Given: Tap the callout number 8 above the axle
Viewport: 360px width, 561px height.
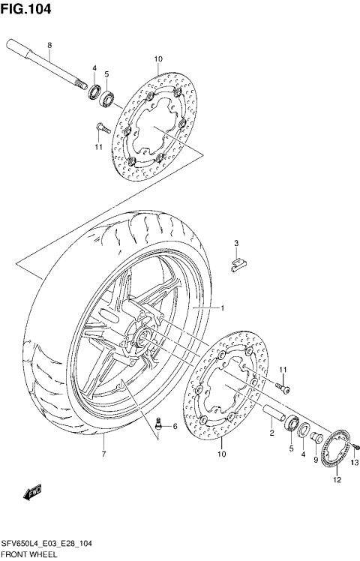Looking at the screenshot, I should (49, 46).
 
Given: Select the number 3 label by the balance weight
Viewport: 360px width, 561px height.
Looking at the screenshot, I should (235, 243).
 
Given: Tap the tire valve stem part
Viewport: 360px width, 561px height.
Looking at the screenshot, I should (159, 424).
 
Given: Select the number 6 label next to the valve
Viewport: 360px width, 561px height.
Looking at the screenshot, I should (175, 427).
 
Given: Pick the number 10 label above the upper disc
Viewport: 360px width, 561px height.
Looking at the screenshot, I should (157, 59).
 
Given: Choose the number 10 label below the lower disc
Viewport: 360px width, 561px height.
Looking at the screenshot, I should (222, 454).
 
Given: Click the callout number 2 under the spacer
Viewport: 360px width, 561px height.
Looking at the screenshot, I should (271, 433).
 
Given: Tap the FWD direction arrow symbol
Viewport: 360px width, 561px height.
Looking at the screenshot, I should (34, 493).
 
